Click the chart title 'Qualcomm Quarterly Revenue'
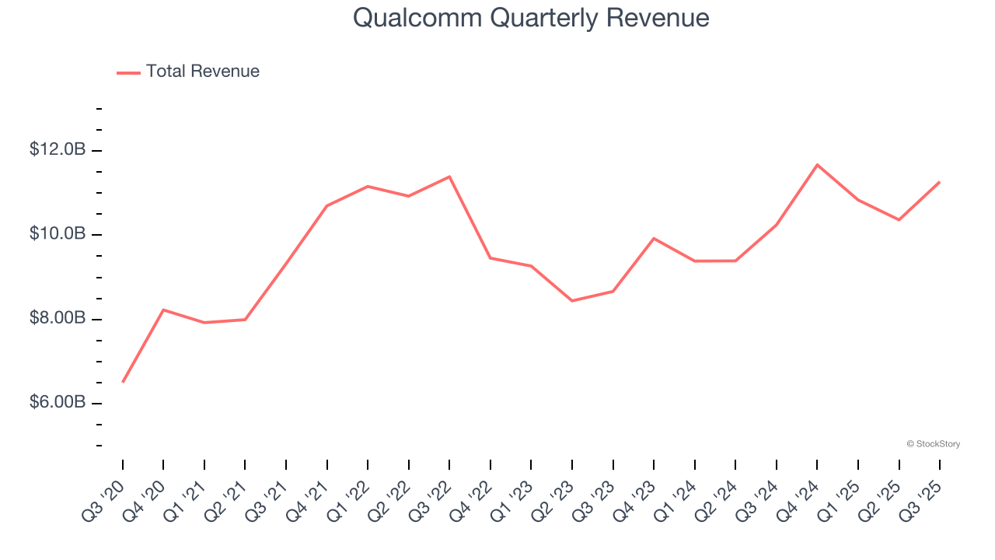(x=531, y=17)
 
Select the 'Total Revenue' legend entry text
(x=202, y=72)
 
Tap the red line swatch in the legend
(x=128, y=72)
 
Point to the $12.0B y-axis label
(x=58, y=149)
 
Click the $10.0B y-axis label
(x=58, y=234)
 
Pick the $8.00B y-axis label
(x=58, y=318)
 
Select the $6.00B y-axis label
(x=58, y=403)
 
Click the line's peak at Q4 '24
(x=817, y=165)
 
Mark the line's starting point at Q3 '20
(x=123, y=382)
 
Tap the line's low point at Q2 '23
(x=572, y=300)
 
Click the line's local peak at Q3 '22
(x=449, y=177)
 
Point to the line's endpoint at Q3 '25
(x=940, y=182)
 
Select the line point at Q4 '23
(x=654, y=238)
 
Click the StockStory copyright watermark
(x=933, y=444)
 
